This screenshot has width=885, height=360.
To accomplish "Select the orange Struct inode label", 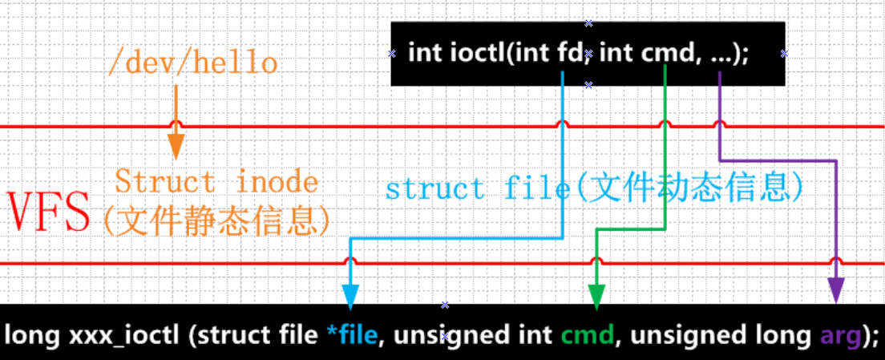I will coord(216,182).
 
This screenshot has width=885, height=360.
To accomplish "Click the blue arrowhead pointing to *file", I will coord(350,294).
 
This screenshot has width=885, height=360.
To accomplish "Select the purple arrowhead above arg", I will coord(836,290).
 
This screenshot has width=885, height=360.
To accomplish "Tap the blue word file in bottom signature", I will coord(358,334).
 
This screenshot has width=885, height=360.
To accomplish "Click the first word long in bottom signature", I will coord(30,334).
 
